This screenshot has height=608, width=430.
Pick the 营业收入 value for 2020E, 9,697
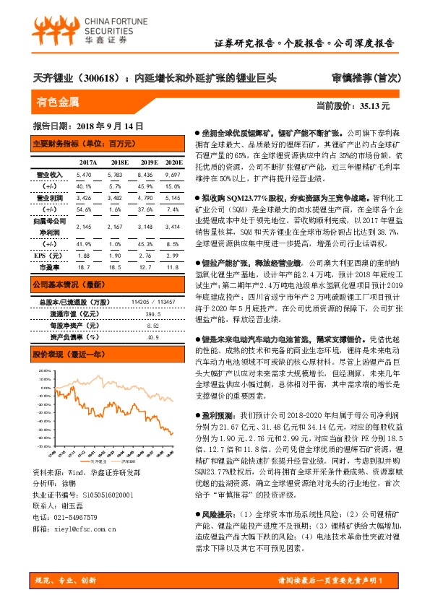(x=173, y=175)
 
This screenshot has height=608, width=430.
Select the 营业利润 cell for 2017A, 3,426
(x=83, y=197)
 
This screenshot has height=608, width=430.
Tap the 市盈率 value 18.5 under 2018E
(x=118, y=266)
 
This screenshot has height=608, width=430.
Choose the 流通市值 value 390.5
(x=152, y=315)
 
